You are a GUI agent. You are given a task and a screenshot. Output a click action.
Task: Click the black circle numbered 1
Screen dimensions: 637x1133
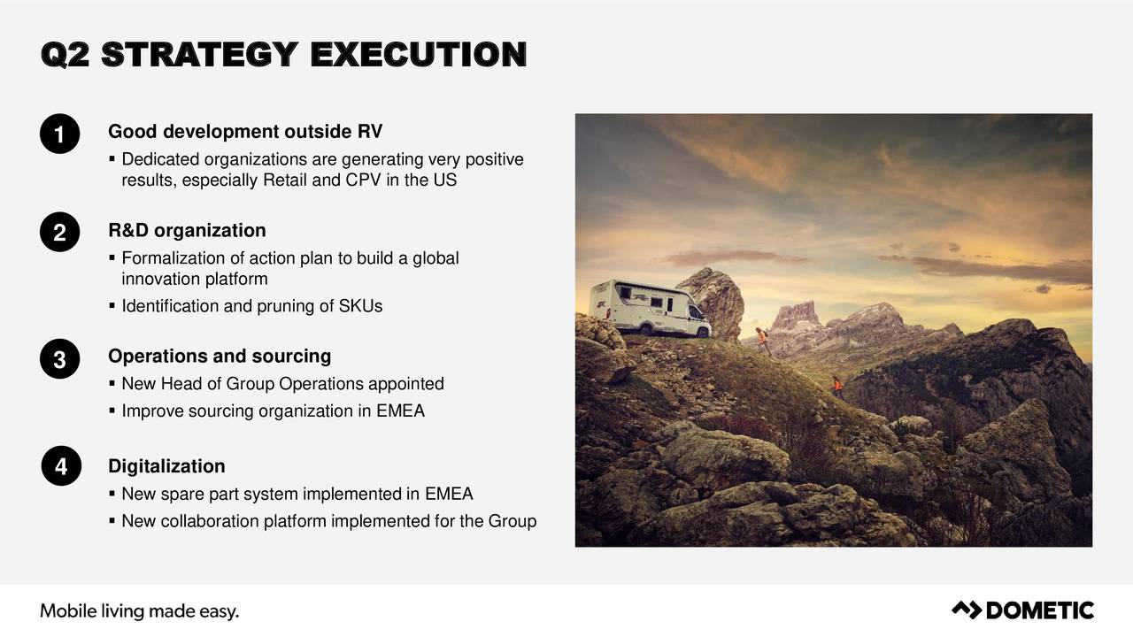pyautogui.click(x=60, y=135)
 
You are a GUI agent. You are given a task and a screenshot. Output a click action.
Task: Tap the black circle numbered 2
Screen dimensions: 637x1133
pyautogui.click(x=60, y=234)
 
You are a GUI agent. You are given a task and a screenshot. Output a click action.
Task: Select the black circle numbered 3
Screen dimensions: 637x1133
pyautogui.click(x=60, y=360)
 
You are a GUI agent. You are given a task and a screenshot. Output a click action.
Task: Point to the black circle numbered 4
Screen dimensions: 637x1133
pyautogui.click(x=60, y=468)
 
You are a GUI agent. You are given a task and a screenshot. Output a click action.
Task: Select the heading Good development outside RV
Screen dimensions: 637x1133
pyautogui.click(x=245, y=132)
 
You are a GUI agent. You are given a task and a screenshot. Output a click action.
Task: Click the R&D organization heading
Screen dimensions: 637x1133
pyautogui.click(x=187, y=231)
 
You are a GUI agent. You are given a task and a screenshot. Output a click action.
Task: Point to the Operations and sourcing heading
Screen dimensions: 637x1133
pyautogui.click(x=220, y=357)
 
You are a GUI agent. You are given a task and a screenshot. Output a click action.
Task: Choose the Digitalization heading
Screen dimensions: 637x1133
pyautogui.click(x=166, y=466)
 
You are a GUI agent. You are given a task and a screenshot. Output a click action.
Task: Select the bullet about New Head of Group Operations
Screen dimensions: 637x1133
pyautogui.click(x=282, y=384)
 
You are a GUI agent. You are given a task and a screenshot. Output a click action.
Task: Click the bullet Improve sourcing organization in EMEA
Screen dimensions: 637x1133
pyautogui.click(x=273, y=411)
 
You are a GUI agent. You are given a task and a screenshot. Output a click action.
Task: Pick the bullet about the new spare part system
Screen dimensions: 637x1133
pyautogui.click(x=297, y=494)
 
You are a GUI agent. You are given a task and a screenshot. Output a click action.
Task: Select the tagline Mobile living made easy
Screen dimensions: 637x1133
pyautogui.click(x=140, y=610)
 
